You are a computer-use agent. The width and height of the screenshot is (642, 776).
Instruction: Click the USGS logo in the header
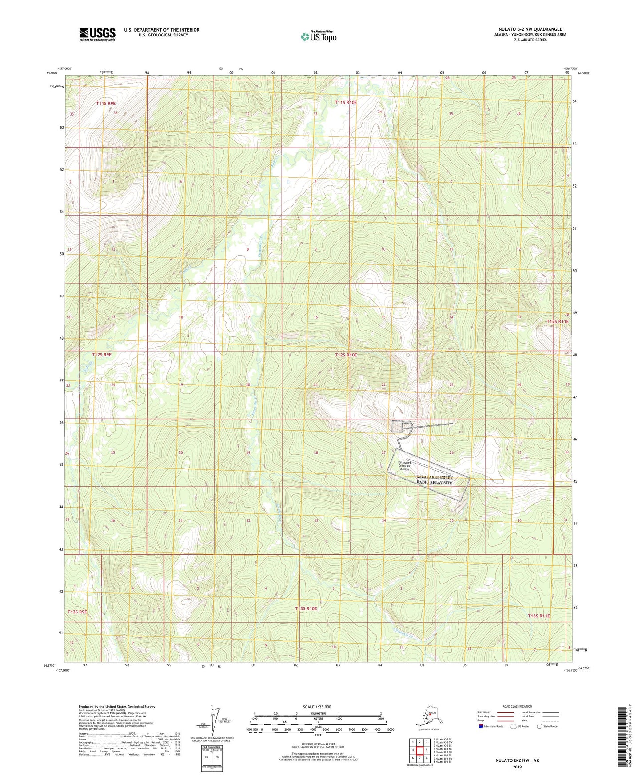97,34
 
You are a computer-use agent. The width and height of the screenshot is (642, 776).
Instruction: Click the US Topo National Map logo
318,36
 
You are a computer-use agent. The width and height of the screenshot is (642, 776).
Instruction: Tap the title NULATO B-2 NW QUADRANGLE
530,29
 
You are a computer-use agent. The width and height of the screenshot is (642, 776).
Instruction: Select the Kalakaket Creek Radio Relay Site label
435,480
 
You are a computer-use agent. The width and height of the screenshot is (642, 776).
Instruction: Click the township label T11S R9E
106,104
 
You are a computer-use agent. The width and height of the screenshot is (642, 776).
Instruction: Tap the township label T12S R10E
346,355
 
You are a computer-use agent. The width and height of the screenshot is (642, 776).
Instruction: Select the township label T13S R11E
538,616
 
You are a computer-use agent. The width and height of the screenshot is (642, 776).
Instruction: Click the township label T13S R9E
77,612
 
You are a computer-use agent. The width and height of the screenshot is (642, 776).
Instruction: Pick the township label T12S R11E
557,321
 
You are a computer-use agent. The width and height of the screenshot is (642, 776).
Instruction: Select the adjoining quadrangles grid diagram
419,751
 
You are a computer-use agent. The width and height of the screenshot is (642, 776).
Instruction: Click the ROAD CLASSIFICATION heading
517,706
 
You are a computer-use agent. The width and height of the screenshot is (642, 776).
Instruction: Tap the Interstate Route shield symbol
481,726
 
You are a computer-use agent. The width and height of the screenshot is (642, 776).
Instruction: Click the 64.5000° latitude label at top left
52,73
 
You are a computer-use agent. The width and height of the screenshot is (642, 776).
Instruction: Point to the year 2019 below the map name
517,767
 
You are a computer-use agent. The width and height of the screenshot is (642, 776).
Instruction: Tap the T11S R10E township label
346,103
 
